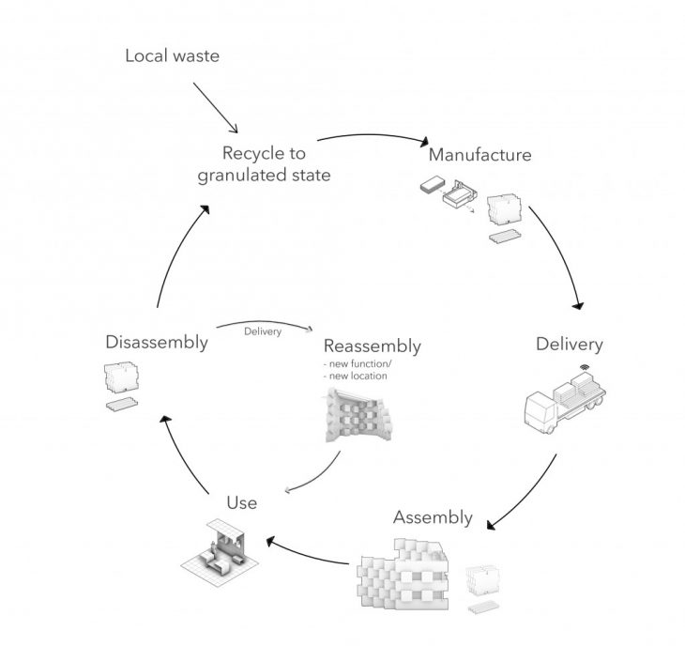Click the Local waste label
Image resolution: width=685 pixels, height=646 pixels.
pyautogui.click(x=172, y=56)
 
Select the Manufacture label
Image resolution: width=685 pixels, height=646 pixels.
pyautogui.click(x=479, y=154)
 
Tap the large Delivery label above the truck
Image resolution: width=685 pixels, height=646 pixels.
pyautogui.click(x=569, y=344)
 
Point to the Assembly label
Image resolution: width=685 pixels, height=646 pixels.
pyautogui.click(x=432, y=517)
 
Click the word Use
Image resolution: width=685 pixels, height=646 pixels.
pyautogui.click(x=241, y=503)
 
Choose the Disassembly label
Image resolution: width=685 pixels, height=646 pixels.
pyautogui.click(x=157, y=342)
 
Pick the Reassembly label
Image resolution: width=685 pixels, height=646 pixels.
pyautogui.click(x=372, y=346)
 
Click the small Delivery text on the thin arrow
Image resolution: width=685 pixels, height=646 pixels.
pyautogui.click(x=263, y=331)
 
